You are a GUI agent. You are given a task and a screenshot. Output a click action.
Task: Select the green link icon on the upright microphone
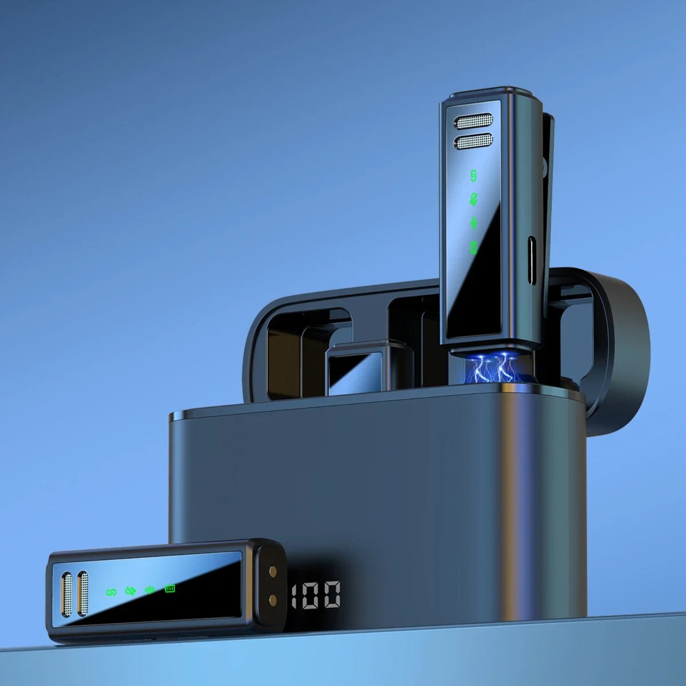[473, 176]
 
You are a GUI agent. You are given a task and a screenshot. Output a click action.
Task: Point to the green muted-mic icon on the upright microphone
[473, 199]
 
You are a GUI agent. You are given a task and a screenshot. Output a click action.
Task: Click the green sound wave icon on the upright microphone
[473, 223]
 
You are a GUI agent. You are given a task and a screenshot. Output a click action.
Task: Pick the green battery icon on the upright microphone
[473, 248]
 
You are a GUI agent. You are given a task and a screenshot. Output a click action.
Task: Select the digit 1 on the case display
[294, 595]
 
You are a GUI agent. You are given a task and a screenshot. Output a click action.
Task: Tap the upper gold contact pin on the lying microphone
[273, 581]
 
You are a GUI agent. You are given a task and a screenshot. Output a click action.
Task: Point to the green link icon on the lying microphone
[111, 592]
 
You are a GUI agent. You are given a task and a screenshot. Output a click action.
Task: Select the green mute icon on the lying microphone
[131, 591]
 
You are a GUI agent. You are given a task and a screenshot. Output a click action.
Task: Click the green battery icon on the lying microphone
[170, 589]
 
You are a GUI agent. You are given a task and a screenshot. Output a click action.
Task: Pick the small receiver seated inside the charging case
[369, 369]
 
